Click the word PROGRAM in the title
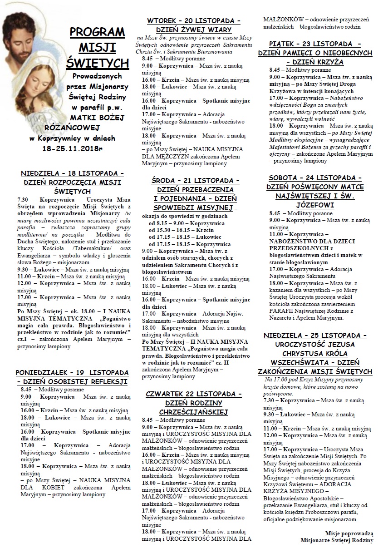click(98, 32)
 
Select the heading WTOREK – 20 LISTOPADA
click(193, 21)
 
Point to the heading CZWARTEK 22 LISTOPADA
click(194, 394)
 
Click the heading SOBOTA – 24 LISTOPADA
click(314, 178)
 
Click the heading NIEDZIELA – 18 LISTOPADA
click(73, 173)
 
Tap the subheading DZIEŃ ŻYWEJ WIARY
click(194, 30)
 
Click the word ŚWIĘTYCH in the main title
click(97, 61)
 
